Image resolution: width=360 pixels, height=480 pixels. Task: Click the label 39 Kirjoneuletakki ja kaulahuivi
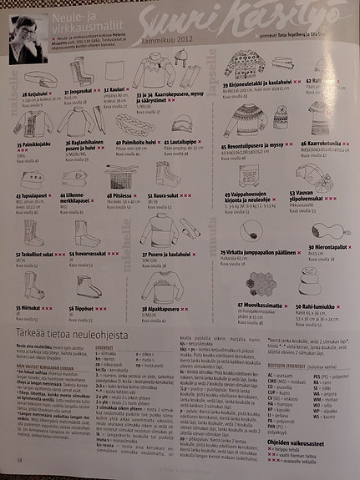(259, 85)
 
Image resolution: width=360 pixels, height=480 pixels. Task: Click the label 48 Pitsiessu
(120, 194)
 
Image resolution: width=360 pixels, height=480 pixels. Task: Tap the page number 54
(18, 459)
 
